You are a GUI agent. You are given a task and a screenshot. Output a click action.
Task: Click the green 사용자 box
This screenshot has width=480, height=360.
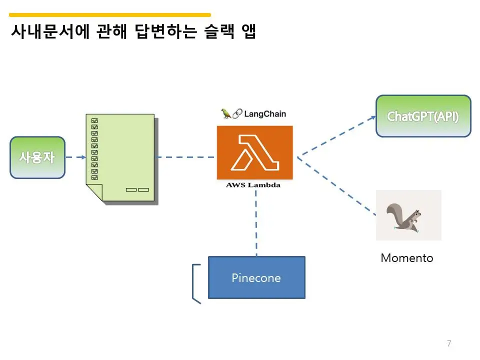point(37,157)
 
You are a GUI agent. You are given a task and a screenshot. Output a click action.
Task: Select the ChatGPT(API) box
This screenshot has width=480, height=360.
point(423,116)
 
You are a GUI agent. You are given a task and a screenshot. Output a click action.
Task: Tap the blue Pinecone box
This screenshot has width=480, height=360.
point(256,277)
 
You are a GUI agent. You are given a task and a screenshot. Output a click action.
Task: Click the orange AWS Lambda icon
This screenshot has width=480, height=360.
point(254,152)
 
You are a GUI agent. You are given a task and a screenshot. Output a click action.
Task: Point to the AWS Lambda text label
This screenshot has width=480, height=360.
point(253,185)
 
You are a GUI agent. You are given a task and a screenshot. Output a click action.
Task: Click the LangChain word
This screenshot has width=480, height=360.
point(265,113)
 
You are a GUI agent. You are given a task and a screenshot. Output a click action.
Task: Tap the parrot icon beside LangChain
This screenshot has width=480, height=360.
point(226,113)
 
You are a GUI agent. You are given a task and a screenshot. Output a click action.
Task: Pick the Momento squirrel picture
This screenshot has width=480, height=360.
point(408,215)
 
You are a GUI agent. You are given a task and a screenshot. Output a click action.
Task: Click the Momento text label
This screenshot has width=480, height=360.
point(406,258)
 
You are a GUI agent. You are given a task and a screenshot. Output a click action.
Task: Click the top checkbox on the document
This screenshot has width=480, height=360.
point(95,120)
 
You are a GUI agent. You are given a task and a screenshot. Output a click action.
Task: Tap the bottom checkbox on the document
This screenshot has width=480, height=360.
point(95,177)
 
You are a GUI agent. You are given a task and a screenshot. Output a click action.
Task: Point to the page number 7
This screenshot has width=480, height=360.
point(449,343)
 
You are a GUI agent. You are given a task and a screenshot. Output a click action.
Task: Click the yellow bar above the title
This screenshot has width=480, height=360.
point(110,15)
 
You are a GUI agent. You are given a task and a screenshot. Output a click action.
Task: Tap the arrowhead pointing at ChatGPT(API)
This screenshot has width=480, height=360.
point(373,117)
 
